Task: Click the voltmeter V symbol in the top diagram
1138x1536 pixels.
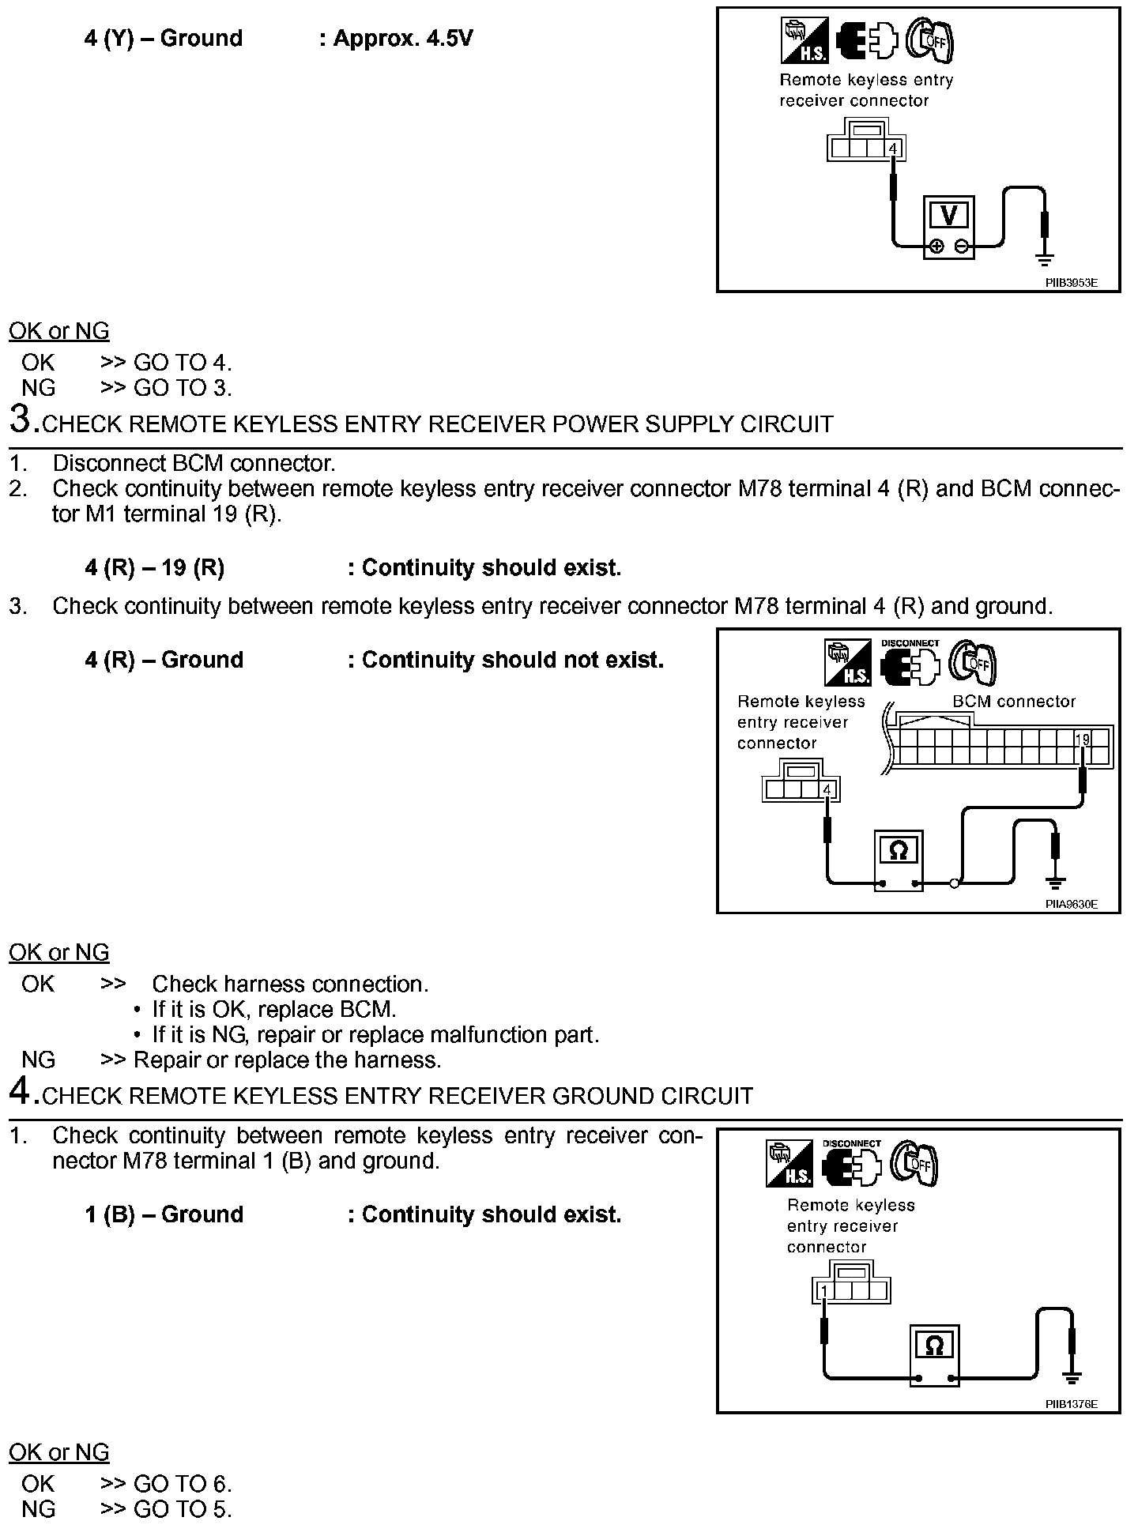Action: (x=949, y=215)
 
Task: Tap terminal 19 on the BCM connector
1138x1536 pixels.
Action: (x=1082, y=740)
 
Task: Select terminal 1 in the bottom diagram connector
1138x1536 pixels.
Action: (x=823, y=1291)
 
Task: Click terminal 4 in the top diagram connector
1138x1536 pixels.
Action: (x=893, y=149)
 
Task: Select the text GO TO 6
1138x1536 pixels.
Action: (x=183, y=1484)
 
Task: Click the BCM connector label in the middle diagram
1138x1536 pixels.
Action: (x=1014, y=702)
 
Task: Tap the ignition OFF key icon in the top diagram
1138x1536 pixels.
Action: (x=930, y=40)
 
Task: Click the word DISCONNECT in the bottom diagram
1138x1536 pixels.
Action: (x=851, y=1143)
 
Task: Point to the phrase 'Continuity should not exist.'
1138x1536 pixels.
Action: (x=512, y=660)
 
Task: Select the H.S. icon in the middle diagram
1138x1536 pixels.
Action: (x=847, y=662)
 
